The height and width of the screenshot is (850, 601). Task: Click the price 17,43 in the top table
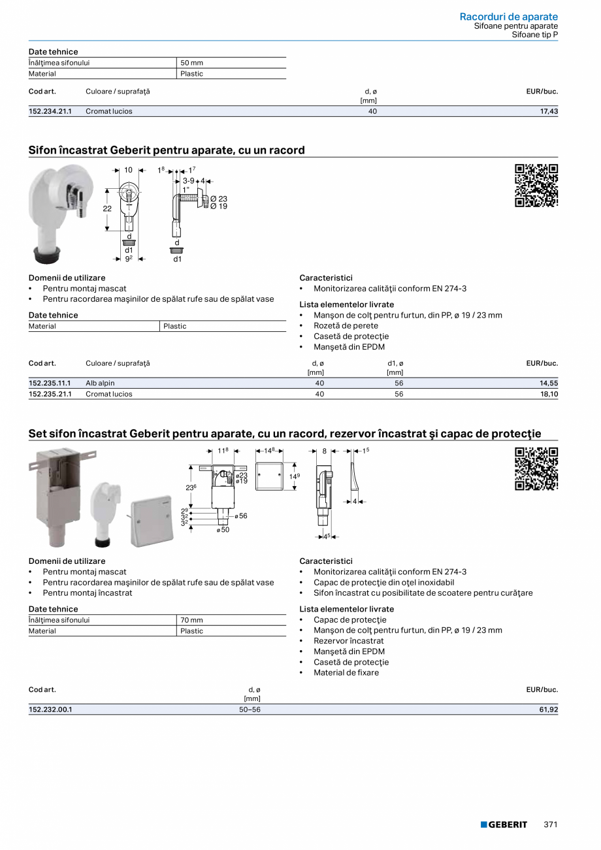click(x=549, y=112)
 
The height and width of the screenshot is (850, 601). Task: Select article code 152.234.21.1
click(x=50, y=112)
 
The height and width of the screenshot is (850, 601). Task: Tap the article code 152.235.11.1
click(x=50, y=384)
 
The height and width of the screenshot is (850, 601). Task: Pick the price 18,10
click(x=549, y=395)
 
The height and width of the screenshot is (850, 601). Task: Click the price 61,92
click(x=549, y=710)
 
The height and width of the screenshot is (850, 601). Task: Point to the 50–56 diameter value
click(x=250, y=710)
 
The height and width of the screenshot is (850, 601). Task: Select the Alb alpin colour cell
click(x=100, y=384)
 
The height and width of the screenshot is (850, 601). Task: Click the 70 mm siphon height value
click(x=191, y=620)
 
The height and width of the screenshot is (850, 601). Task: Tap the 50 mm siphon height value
click(x=191, y=63)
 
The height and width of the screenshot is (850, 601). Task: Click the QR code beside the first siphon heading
click(x=536, y=186)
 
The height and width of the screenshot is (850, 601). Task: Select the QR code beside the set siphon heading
click(x=536, y=468)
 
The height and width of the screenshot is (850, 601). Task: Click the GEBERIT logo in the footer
click(x=504, y=825)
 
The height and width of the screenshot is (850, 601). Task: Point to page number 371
click(x=551, y=825)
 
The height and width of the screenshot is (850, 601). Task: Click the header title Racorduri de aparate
click(x=508, y=16)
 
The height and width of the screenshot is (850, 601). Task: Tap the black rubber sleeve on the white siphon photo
click(x=48, y=252)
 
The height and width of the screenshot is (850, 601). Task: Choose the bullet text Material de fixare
click(x=346, y=672)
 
